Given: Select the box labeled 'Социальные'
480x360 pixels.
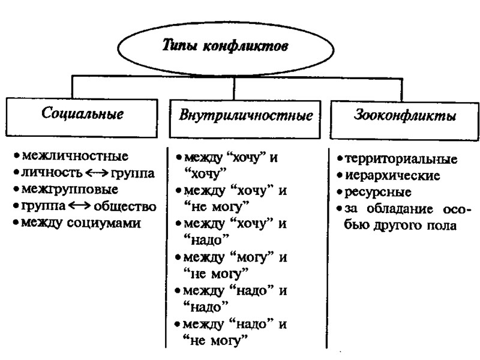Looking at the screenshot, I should coord(83,114).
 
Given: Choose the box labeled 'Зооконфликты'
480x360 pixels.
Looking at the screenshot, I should coord(403,115).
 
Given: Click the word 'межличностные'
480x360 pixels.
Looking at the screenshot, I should coord(75,157).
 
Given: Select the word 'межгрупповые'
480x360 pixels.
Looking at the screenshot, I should coord(70,190).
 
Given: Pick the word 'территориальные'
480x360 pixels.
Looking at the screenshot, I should coord(401,160).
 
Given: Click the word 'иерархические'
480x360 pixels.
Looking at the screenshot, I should coord(393,176).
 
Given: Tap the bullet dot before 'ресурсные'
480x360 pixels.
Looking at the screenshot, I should coord(340,193).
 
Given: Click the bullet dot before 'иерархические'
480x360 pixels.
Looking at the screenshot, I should coord(340,176).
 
